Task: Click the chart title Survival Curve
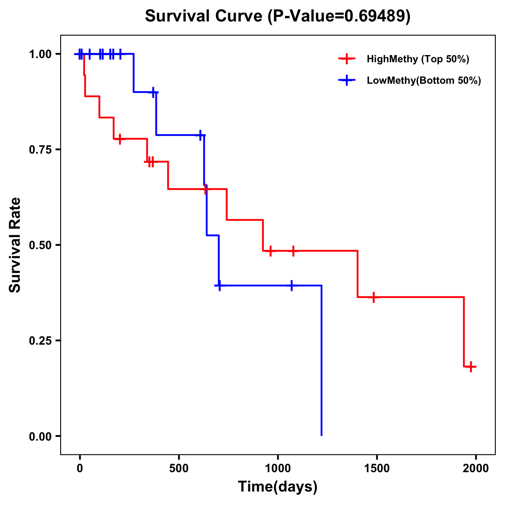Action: click(206, 16)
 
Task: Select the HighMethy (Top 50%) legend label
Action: click(417, 59)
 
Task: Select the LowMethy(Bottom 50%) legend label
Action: click(424, 80)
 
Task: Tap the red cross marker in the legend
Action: click(346, 59)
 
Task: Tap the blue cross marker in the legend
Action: click(346, 80)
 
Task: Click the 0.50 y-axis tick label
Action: click(40, 245)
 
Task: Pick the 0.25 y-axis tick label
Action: click(40, 341)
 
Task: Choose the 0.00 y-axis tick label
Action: click(40, 436)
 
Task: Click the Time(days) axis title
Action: click(278, 487)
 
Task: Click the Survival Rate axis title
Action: click(15, 245)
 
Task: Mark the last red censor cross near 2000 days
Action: click(471, 367)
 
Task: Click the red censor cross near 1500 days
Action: click(373, 297)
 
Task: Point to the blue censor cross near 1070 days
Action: click(291, 285)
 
